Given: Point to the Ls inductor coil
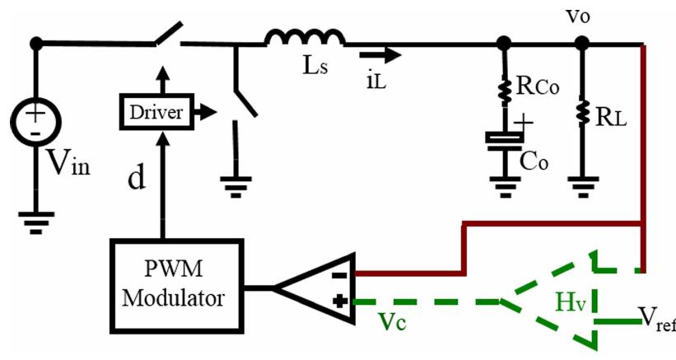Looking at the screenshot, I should click(x=304, y=38).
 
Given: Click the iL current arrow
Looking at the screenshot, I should click(x=385, y=55).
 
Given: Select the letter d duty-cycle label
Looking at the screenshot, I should click(x=136, y=176).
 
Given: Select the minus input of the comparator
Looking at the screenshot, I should click(x=338, y=270).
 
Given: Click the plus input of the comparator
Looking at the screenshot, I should click(x=338, y=302).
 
